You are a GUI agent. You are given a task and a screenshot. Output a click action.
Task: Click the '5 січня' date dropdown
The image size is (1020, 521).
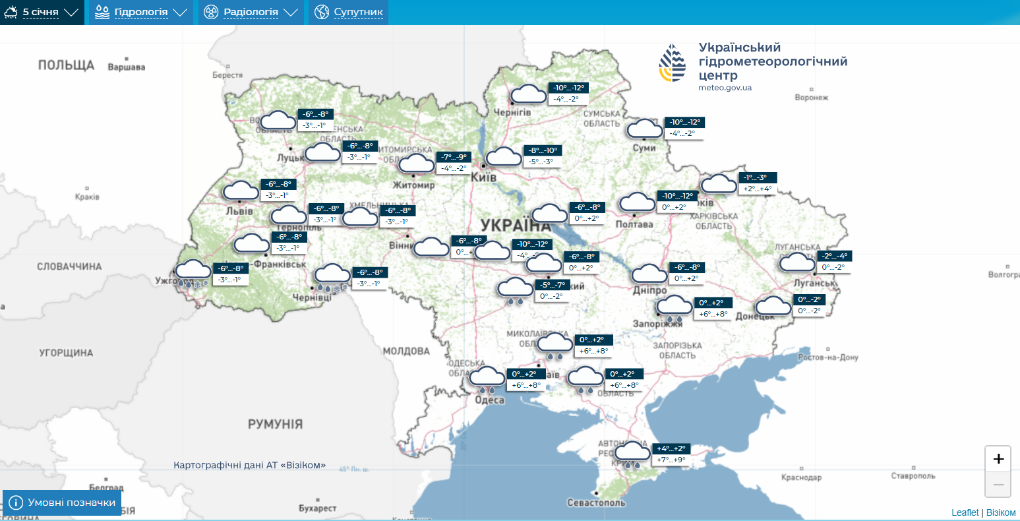[x=42, y=12]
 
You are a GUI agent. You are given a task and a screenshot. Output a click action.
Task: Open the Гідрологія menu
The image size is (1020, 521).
[x=141, y=12]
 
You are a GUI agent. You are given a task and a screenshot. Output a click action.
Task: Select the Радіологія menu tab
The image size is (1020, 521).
[x=251, y=12]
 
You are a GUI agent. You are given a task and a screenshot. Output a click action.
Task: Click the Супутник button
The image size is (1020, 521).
[x=349, y=12]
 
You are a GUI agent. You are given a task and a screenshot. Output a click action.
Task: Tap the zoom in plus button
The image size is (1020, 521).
[x=998, y=459]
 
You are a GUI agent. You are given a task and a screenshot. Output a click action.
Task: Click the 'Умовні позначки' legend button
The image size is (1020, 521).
[x=63, y=503]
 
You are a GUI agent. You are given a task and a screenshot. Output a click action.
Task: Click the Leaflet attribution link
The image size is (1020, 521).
[x=965, y=512]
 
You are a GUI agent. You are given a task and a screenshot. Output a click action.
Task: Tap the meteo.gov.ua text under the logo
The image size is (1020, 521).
[x=725, y=88]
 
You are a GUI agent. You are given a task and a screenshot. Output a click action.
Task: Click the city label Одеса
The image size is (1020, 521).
[x=489, y=400]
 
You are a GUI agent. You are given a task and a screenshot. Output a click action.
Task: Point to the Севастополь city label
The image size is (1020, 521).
[x=596, y=503]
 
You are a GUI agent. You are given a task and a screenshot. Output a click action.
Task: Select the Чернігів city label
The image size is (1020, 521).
[x=512, y=113]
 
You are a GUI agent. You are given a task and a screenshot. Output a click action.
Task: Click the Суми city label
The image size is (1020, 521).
[x=644, y=148]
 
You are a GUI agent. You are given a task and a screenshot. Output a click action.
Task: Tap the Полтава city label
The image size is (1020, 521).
[x=634, y=224]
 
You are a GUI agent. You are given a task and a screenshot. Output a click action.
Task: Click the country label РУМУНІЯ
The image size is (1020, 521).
[x=275, y=424]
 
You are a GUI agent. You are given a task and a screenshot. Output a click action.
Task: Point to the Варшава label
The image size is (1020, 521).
[x=126, y=67]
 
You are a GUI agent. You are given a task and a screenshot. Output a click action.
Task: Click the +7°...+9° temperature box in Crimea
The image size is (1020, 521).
[x=671, y=460]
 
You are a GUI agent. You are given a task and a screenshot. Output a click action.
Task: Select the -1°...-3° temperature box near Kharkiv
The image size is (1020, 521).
[x=757, y=177]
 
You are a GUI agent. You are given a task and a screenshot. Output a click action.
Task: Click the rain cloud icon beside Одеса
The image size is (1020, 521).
[x=487, y=379]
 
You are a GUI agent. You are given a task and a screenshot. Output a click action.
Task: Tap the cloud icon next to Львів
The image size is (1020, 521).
[x=241, y=191]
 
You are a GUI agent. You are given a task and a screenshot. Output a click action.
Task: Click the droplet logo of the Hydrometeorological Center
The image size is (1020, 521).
[x=673, y=63]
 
